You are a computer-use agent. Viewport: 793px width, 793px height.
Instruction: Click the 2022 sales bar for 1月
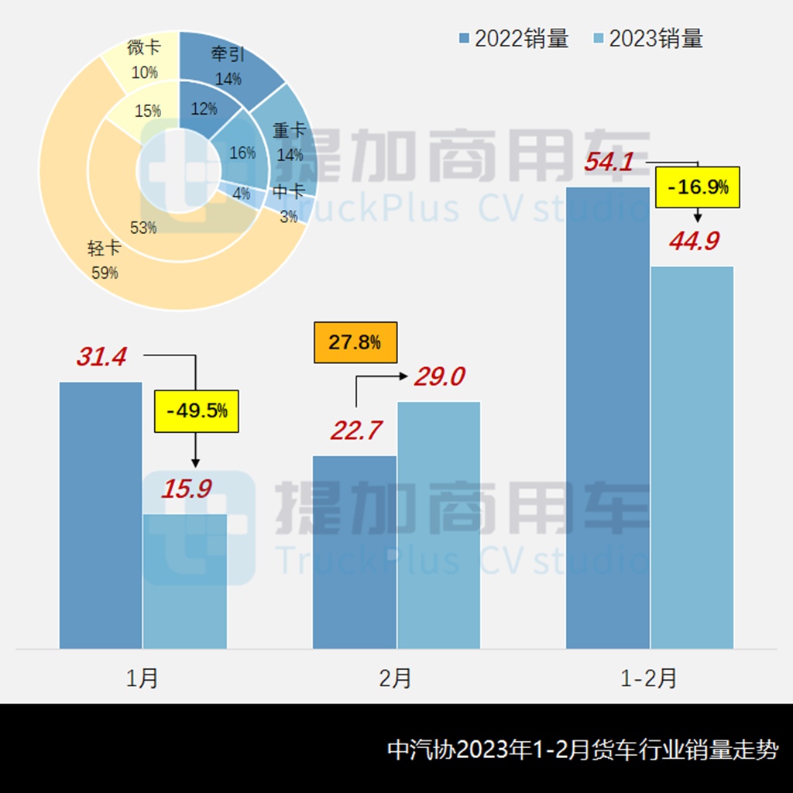click(x=101, y=515)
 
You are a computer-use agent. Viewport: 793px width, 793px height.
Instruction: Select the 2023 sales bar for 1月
click(x=185, y=581)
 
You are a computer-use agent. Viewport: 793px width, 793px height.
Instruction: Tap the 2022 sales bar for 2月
click(x=354, y=551)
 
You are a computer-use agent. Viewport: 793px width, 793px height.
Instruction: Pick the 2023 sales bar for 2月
click(x=438, y=524)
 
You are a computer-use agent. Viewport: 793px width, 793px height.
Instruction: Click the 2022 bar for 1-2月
click(x=607, y=417)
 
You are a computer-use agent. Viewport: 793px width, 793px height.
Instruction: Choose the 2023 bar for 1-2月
click(x=692, y=457)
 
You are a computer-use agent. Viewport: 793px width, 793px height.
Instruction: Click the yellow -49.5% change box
click(x=197, y=410)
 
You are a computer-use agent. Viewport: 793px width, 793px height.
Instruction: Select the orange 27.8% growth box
click(x=355, y=342)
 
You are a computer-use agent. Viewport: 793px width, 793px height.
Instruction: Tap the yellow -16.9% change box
click(x=698, y=187)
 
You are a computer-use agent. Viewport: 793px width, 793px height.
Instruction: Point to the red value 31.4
click(x=101, y=357)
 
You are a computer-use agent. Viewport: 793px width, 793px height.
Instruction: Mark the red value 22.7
click(x=356, y=431)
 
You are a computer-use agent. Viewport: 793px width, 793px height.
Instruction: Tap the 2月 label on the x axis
click(x=396, y=678)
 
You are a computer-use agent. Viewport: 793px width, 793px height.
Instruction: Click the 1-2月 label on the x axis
click(x=649, y=678)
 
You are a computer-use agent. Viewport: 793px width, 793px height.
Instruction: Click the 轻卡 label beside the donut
click(x=103, y=249)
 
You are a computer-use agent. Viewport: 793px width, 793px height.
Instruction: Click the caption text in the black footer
click(x=582, y=750)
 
